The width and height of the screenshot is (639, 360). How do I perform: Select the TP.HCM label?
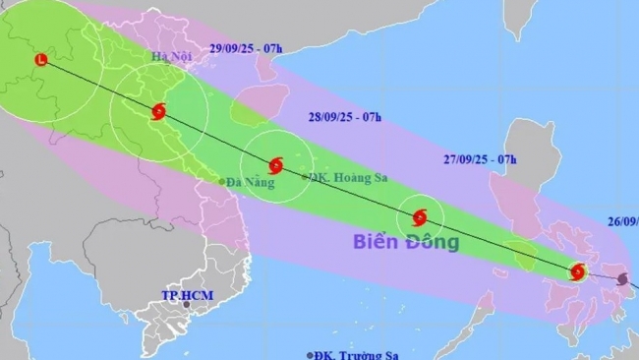pos(188,296)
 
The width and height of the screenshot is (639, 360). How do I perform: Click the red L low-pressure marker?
pos(40,60)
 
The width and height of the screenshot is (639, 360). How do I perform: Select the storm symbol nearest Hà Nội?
pos(158,111)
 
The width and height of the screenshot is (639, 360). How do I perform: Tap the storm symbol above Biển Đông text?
pos(420,216)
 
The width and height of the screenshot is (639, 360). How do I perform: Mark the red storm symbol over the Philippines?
pos(578,271)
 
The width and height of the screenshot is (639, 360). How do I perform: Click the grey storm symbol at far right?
pos(622,280)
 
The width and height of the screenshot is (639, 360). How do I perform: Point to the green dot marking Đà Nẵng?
pos(221,181)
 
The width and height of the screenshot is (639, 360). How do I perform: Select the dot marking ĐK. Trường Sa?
pos(311,354)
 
